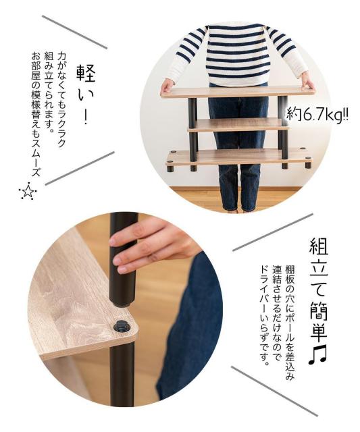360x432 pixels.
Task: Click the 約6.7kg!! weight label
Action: pyautogui.click(x=317, y=114)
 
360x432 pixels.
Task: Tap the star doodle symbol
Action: pyautogui.click(x=28, y=191)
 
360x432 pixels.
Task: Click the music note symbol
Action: pyautogui.click(x=317, y=356)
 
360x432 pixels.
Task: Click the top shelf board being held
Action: pyautogui.click(x=237, y=92)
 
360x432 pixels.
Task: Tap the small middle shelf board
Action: pyautogui.click(x=238, y=125)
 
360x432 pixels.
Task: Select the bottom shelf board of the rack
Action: pyautogui.click(x=239, y=157)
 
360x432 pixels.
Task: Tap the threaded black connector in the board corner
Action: pyautogui.click(x=122, y=327)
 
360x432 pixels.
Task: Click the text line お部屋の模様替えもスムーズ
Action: pyautogui.click(x=36, y=113)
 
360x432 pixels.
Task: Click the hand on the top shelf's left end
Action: pyautogui.click(x=167, y=86)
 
